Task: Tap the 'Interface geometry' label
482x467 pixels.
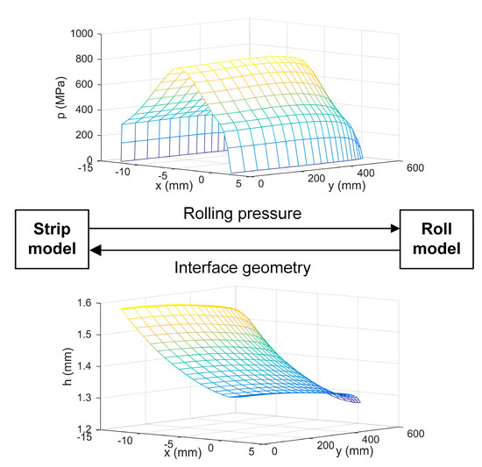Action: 242,265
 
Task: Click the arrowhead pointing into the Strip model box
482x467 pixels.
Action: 96,251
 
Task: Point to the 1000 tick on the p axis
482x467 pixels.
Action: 82,33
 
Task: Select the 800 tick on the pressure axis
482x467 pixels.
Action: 86,59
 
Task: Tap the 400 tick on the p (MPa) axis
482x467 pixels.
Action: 86,110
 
